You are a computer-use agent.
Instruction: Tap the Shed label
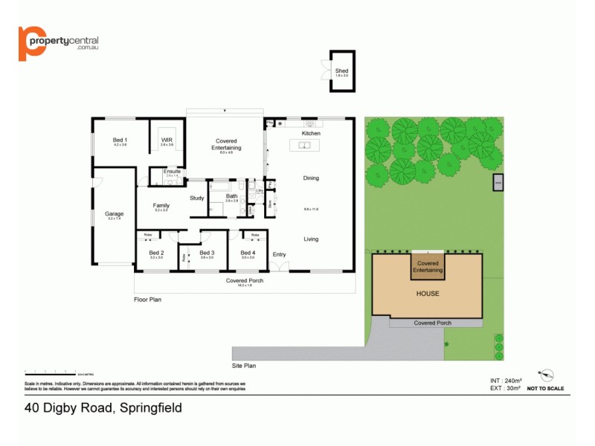click(x=341, y=71)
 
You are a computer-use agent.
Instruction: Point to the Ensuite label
click(x=172, y=172)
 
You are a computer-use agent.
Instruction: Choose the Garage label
click(x=114, y=214)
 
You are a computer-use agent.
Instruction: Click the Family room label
click(x=161, y=206)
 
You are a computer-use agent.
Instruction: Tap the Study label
click(x=196, y=198)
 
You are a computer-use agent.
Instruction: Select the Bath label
click(x=231, y=196)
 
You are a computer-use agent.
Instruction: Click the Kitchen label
click(x=311, y=133)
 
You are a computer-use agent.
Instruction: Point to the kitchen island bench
click(x=305, y=145)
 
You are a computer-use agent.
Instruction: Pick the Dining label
click(x=311, y=178)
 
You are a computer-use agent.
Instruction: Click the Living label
click(x=311, y=239)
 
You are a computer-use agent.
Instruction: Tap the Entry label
click(x=279, y=254)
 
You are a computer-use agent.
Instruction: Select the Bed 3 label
click(x=207, y=253)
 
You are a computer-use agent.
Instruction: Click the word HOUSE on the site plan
click(x=428, y=294)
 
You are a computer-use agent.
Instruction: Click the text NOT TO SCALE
click(x=545, y=389)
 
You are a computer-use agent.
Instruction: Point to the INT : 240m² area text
click(x=495, y=380)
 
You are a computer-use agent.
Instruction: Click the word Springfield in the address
click(x=148, y=407)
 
